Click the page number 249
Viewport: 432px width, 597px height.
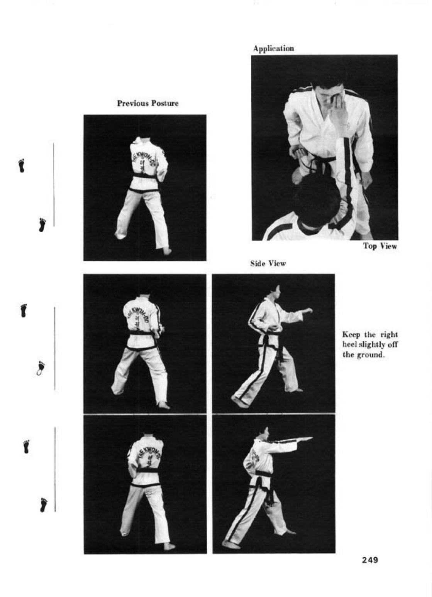[370, 560]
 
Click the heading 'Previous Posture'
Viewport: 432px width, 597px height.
[148, 103]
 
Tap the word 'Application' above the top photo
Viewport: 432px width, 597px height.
[273, 49]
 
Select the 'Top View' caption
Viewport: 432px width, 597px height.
[380, 246]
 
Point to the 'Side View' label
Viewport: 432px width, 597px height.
[268, 263]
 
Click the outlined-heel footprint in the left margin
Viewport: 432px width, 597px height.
[41, 368]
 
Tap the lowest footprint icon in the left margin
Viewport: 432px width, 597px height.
[44, 505]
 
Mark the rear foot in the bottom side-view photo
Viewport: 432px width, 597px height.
[230, 545]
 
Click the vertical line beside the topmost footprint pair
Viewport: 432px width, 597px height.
[54, 184]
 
